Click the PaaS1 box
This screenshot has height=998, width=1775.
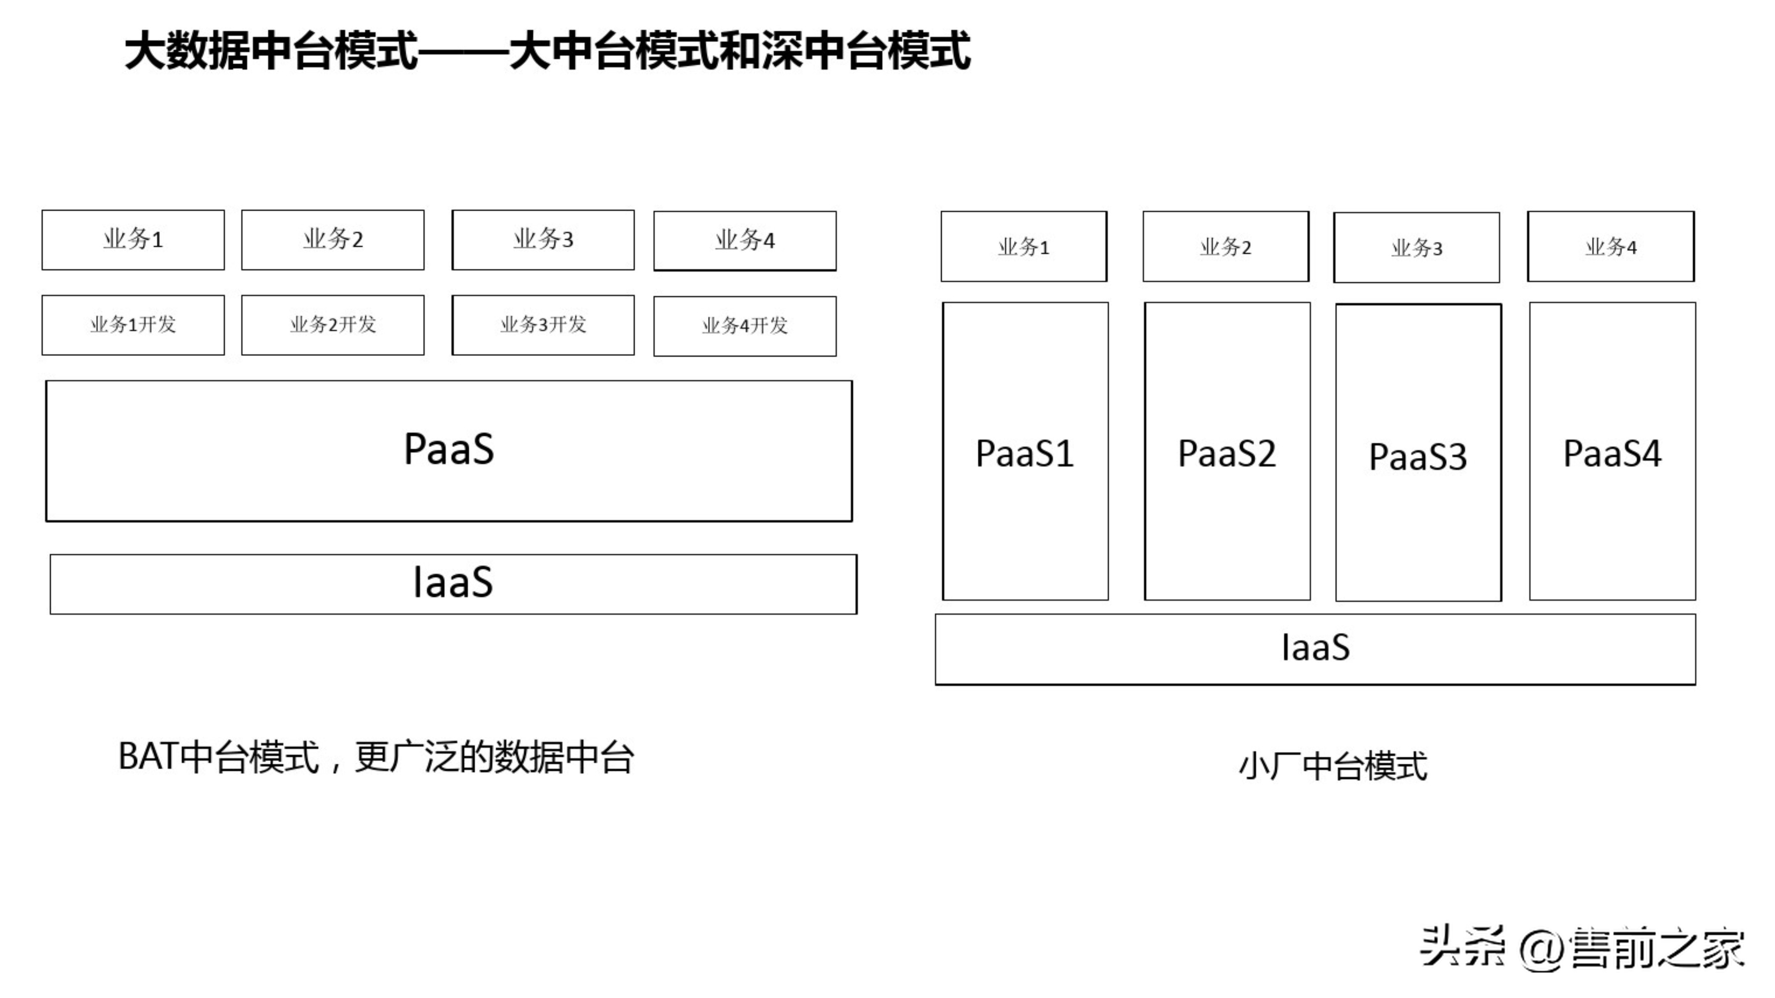click(1025, 451)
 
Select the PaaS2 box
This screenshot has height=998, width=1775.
click(1227, 451)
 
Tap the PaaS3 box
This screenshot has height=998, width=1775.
click(1418, 453)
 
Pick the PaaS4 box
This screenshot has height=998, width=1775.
click(1612, 451)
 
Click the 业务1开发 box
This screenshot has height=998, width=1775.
click(133, 325)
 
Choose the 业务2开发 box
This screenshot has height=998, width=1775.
click(333, 325)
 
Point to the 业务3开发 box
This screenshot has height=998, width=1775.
click(543, 325)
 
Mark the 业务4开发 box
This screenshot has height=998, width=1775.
click(745, 326)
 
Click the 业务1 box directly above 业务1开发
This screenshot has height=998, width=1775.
click(133, 240)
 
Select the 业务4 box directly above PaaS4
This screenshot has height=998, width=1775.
click(1610, 247)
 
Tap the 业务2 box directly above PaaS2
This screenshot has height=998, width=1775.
click(1225, 247)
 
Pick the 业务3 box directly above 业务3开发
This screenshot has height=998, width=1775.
click(543, 240)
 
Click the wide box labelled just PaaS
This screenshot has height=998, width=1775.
click(449, 451)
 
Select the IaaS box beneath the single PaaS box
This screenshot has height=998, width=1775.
click(453, 584)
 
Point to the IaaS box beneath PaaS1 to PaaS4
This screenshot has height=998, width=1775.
click(1315, 649)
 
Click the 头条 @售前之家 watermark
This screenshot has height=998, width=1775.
click(1581, 948)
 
